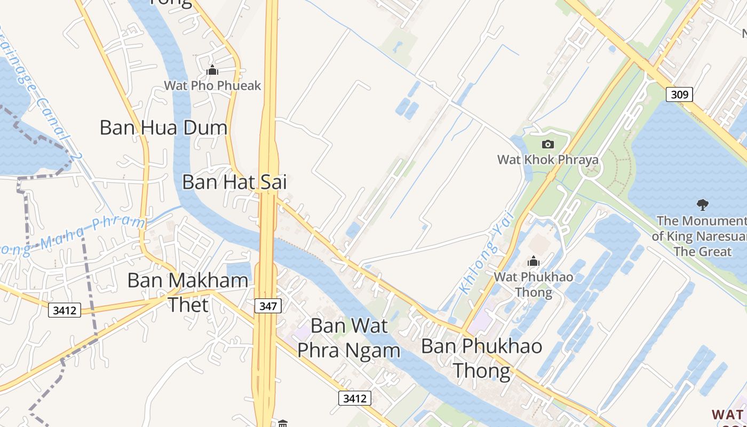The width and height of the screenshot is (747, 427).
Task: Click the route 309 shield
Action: pos(679,94)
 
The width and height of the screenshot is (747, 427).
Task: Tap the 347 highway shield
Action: pos(267,306)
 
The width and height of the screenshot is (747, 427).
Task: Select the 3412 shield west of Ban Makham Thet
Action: pos(65,310)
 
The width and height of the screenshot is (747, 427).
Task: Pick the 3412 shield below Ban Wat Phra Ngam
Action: pos(354,398)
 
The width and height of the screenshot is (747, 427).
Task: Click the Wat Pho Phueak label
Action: pos(212,85)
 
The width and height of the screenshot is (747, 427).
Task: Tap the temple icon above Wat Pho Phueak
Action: pos(212,70)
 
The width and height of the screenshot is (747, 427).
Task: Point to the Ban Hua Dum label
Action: pos(163,128)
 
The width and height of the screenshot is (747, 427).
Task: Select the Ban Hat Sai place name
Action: pos(234,182)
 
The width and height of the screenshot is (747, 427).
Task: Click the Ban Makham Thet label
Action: pos(188,292)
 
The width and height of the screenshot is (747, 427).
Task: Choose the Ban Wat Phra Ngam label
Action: pos(349,337)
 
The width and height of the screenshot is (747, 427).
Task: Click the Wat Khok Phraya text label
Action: pos(547,160)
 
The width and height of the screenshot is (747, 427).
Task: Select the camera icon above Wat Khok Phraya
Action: pos(547,144)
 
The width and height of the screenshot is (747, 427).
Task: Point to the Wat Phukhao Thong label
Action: pos(534,284)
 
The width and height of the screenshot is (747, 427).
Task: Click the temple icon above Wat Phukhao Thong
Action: pos(533,261)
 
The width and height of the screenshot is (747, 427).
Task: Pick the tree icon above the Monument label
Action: pos(703,204)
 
